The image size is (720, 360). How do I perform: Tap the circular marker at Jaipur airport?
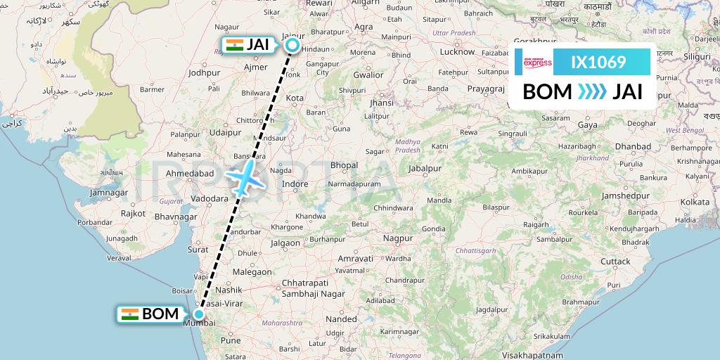point(292,46)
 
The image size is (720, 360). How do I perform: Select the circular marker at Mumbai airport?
point(200,314)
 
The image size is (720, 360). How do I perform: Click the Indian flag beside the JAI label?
point(234,45)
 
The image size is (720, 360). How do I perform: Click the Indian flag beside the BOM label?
point(129,314)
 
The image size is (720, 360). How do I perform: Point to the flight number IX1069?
point(598,63)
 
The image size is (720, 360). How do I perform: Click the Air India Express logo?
point(538,63)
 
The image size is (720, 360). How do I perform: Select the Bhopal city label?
point(344,165)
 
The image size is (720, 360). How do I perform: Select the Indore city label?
point(295,184)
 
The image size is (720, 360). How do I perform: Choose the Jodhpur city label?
point(205,72)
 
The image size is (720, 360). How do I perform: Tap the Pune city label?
point(231,340)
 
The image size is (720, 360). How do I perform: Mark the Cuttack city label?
point(615,261)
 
